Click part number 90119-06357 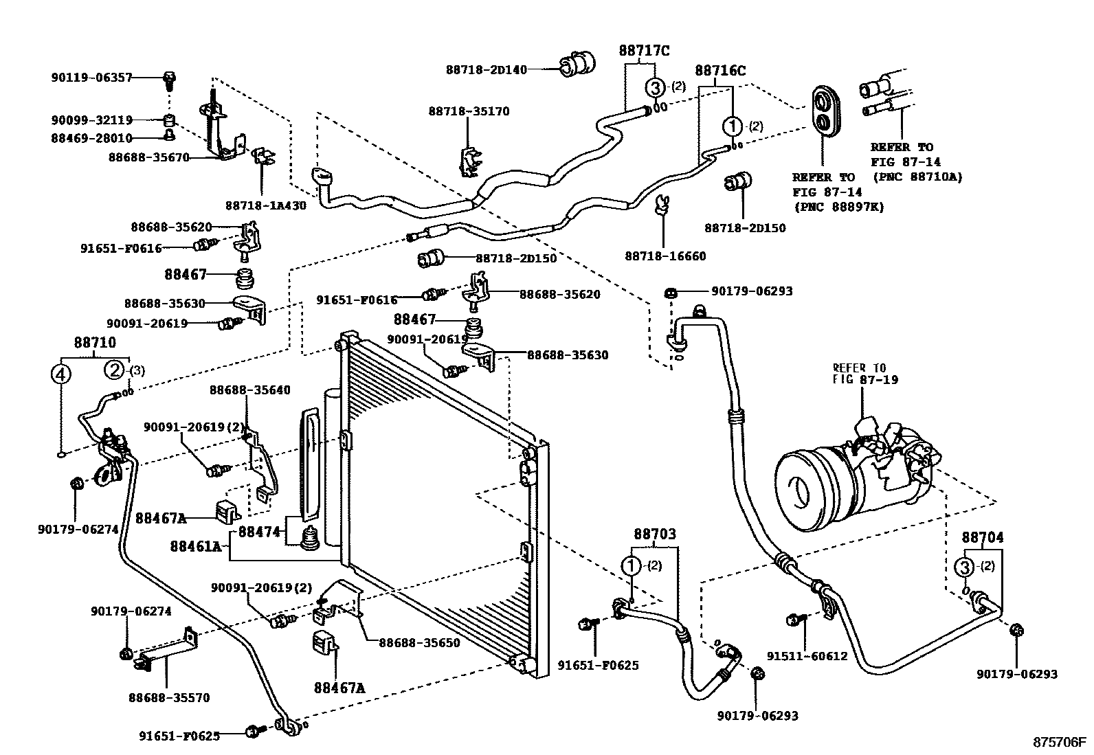(x=91, y=78)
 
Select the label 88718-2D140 (x=486, y=69)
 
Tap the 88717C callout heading (x=644, y=50)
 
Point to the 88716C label (x=720, y=70)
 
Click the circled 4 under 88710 (x=61, y=374)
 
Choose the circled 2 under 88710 (x=114, y=370)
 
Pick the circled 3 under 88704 (x=965, y=567)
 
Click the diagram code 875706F (x=1060, y=742)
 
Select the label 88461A (x=196, y=546)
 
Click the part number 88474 (x=258, y=531)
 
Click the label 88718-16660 (x=665, y=256)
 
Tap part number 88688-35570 (x=169, y=698)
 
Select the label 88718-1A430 (x=265, y=205)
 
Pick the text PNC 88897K (x=839, y=206)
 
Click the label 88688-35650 (x=419, y=643)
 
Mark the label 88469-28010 (x=91, y=138)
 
